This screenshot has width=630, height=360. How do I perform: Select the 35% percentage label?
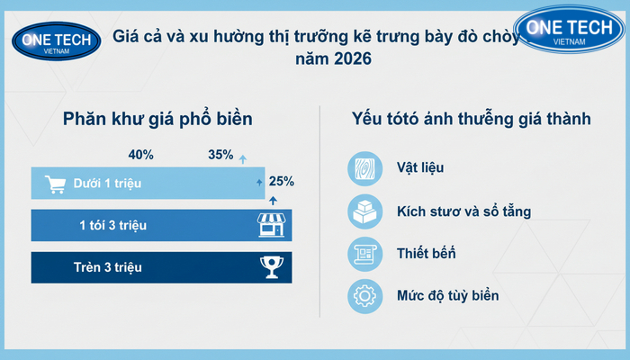(x=220, y=155)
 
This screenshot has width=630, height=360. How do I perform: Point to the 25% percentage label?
(x=281, y=182)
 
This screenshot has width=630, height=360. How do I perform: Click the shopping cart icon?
(x=57, y=184)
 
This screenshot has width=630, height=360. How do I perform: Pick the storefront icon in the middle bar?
(x=273, y=225)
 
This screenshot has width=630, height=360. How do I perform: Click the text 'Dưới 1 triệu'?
(x=109, y=184)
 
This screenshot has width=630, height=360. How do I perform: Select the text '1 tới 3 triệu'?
(x=112, y=225)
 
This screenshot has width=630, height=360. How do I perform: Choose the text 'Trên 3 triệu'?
(x=108, y=266)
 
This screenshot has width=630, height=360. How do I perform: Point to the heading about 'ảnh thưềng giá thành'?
(x=471, y=119)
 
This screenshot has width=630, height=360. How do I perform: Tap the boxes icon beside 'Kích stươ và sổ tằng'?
(x=364, y=211)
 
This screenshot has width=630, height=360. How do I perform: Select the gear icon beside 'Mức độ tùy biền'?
(x=364, y=296)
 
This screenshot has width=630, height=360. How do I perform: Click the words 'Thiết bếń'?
(x=426, y=254)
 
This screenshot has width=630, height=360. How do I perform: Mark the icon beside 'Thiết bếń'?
(x=364, y=254)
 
